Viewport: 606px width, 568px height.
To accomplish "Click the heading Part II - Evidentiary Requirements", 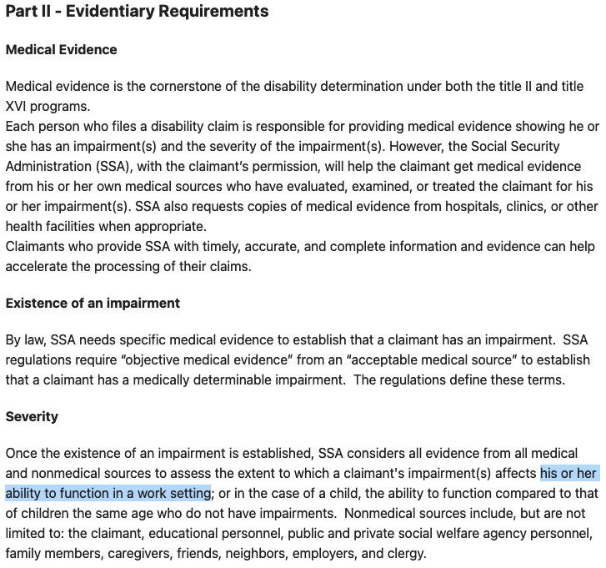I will (x=137, y=12).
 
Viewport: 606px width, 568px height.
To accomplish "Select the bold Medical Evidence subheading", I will (x=61, y=50).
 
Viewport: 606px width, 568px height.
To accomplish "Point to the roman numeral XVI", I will (x=18, y=106).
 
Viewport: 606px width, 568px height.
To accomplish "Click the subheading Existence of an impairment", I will (x=93, y=304).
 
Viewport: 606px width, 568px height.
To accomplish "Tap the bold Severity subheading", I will (x=32, y=416).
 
